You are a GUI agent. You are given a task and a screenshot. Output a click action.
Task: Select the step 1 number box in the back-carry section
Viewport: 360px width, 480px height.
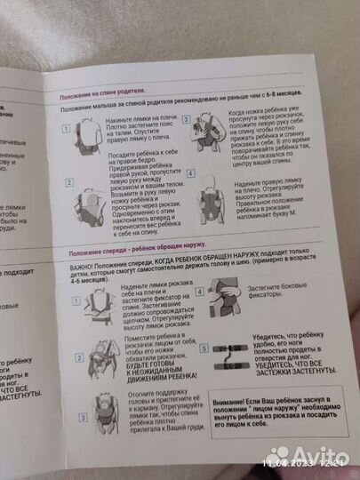coord(68,128)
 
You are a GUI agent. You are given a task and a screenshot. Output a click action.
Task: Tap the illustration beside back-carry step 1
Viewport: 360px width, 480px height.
coord(87,135)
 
